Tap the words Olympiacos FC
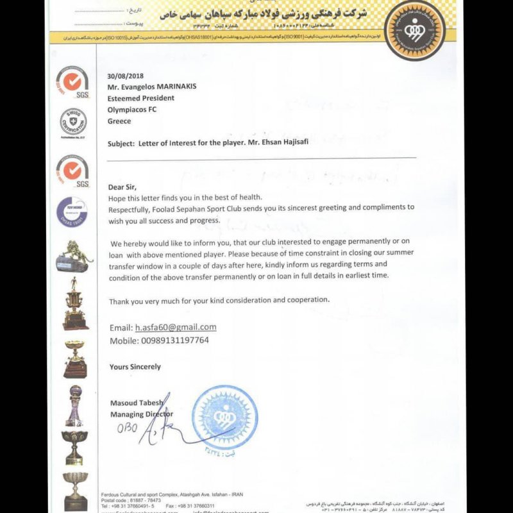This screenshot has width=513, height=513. pyautogui.click(x=134, y=109)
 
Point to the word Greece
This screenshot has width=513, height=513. pyautogui.click(x=120, y=121)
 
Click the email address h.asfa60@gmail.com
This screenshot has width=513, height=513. pyautogui.click(x=175, y=327)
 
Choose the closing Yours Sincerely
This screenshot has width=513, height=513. pyautogui.click(x=135, y=366)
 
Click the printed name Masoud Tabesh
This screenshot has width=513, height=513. pyautogui.click(x=136, y=403)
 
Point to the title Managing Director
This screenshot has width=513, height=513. pyautogui.click(x=141, y=414)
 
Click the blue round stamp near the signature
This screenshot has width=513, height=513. pyautogui.click(x=224, y=419)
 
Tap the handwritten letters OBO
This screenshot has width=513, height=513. pyautogui.click(x=127, y=428)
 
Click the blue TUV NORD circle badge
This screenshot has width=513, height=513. pyautogui.click(x=72, y=213)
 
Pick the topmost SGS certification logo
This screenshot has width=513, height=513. pyautogui.click(x=72, y=81)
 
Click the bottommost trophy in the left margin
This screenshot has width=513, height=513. pyautogui.click(x=76, y=491)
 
